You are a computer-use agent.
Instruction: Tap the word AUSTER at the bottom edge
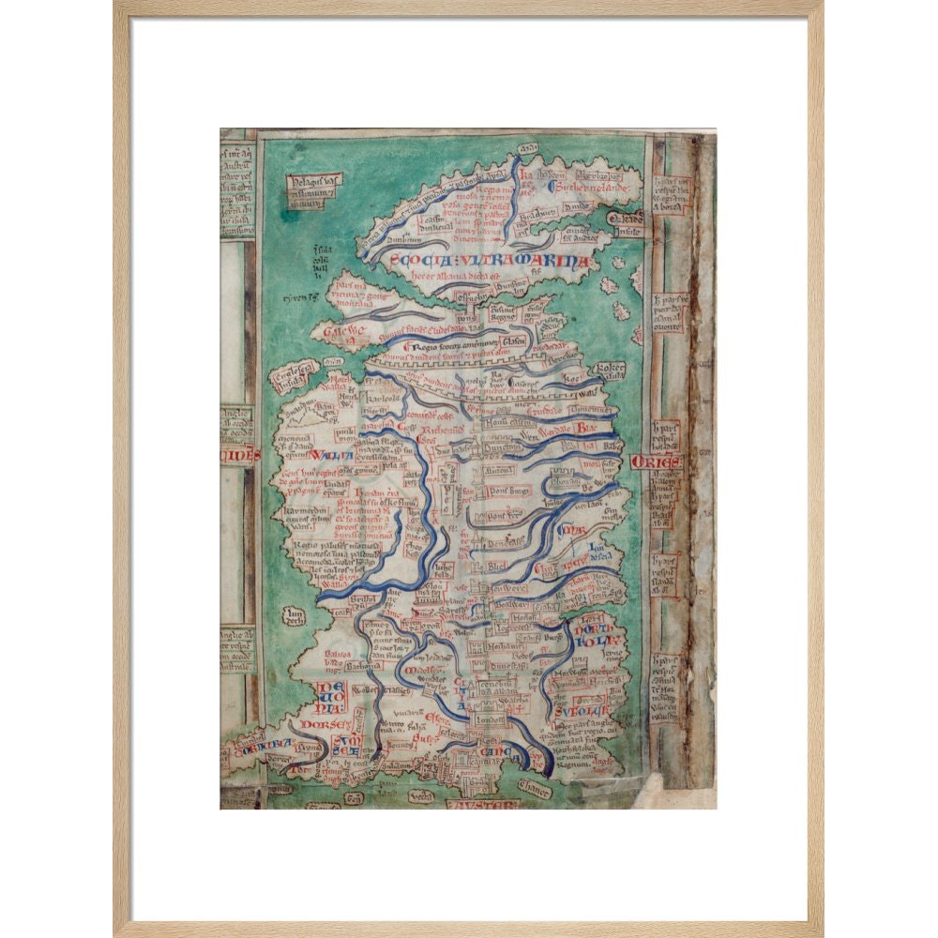pyautogui.click(x=481, y=804)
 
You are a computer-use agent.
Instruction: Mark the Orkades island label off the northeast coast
pyautogui.click(x=625, y=219)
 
